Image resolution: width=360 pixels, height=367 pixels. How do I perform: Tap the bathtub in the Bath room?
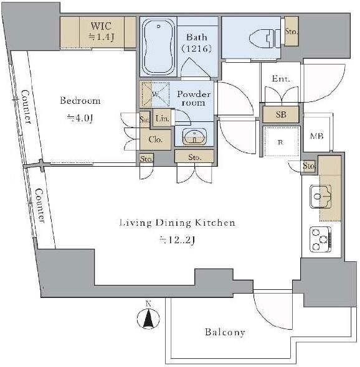point(158,47)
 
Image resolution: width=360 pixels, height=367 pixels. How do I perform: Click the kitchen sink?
point(321,197)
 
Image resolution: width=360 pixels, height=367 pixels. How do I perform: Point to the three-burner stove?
point(320,239)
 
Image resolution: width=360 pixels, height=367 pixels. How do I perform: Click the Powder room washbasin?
point(194,136)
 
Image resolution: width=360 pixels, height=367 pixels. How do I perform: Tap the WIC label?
point(101,26)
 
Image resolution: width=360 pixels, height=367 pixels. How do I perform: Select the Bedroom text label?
point(80,101)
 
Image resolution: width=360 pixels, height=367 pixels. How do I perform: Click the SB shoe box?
point(281,114)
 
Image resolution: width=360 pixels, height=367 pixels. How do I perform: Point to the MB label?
point(316,136)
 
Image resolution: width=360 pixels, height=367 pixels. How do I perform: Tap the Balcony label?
point(225,332)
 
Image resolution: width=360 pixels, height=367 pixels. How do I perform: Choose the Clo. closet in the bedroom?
point(155,139)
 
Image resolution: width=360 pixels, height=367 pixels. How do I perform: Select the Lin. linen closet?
point(162,118)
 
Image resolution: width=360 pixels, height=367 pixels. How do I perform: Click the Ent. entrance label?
point(281,78)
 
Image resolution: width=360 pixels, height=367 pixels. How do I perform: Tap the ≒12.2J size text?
point(177,240)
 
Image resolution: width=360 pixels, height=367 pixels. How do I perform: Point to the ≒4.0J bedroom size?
point(80,118)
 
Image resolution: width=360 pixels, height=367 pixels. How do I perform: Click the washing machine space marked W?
point(155,94)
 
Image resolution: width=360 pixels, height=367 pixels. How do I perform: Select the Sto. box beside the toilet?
point(291,31)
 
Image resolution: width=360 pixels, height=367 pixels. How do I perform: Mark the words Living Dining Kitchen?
point(177,223)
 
